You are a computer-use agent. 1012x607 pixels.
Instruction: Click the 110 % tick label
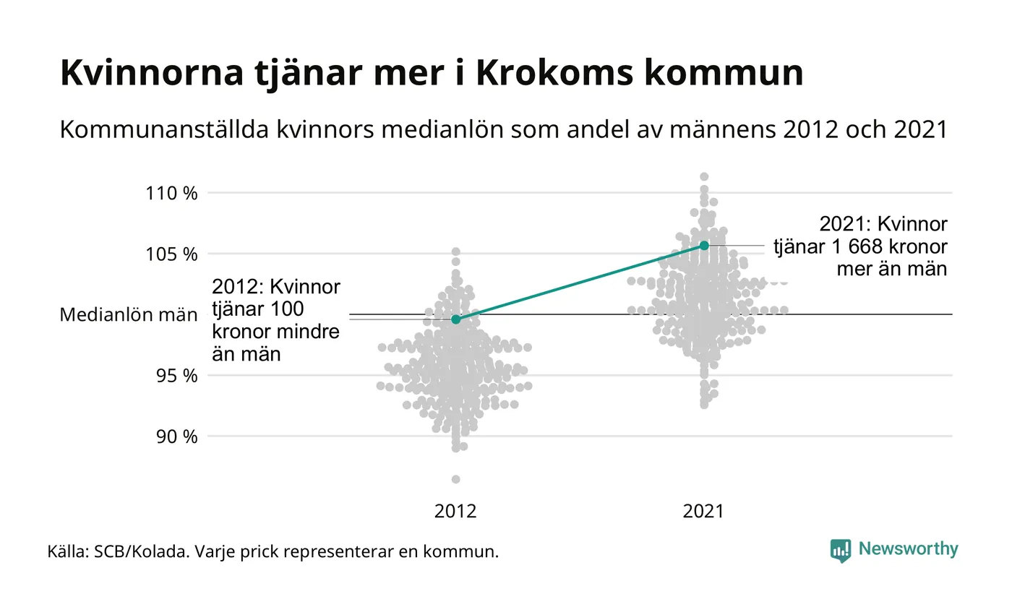(x=171, y=194)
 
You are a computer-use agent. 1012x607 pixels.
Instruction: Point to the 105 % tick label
(x=171, y=254)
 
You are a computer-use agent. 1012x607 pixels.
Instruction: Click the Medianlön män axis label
(x=128, y=315)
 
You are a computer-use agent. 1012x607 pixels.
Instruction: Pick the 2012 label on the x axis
(x=455, y=512)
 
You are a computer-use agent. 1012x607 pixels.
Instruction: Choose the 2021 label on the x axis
(x=703, y=512)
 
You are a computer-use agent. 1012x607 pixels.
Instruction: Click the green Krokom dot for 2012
(x=455, y=319)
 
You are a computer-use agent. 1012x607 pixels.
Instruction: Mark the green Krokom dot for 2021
(x=704, y=246)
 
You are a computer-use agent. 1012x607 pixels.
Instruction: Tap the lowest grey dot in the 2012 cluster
(x=455, y=479)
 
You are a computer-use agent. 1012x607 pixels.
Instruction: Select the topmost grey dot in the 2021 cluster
(x=704, y=176)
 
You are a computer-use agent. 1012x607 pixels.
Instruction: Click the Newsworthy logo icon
(x=841, y=550)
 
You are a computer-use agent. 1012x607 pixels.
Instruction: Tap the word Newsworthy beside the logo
(x=909, y=549)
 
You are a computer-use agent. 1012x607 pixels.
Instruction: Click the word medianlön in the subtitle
(x=452, y=130)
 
